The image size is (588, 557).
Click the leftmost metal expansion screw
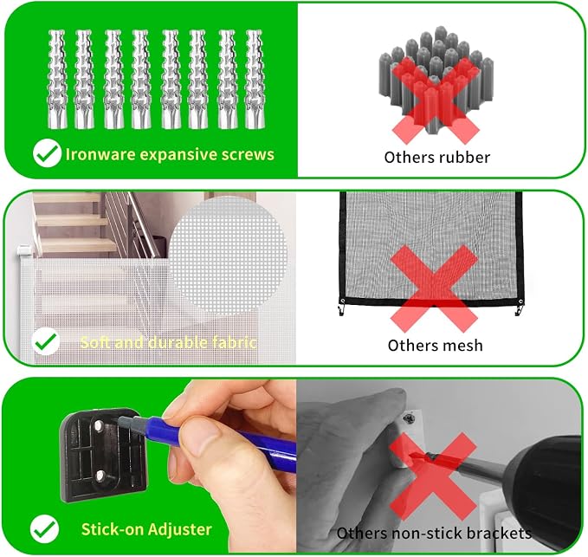57,80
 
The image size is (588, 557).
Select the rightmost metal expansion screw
255,80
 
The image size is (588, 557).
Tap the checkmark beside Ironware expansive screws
47,152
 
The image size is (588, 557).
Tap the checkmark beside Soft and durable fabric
46,341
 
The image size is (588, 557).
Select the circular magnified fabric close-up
228,256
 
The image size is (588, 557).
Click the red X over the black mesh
434,288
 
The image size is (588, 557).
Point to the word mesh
462,346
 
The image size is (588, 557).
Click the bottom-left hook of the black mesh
341,307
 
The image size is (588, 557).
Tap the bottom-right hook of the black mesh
519,308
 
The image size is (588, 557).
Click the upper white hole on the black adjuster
99,425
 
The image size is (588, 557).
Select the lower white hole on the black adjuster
100,476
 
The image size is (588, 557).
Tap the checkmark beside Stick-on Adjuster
45,529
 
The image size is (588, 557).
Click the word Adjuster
179,529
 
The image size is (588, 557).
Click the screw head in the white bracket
409,417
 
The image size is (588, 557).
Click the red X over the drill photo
433,476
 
